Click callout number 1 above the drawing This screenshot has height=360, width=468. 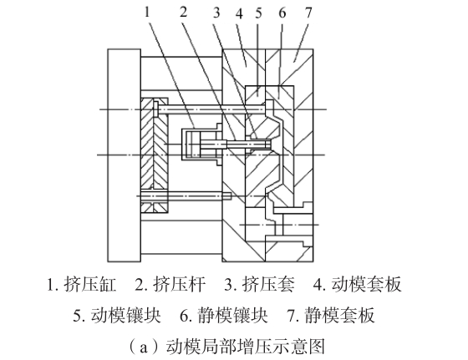[x=146, y=12]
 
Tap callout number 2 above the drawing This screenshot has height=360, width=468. [x=184, y=12]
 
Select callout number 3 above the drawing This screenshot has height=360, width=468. [x=216, y=13]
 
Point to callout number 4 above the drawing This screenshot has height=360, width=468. [x=239, y=13]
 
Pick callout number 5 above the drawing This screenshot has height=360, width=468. [x=258, y=13]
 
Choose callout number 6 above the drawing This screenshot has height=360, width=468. [x=282, y=13]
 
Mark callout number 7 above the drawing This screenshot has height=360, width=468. [x=308, y=13]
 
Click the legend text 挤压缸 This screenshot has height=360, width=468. [x=90, y=284]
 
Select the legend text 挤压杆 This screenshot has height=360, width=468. [x=179, y=284]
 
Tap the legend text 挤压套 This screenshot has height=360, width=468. [x=268, y=284]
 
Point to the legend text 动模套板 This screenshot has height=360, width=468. [x=367, y=284]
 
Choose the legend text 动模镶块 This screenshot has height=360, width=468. [x=126, y=315]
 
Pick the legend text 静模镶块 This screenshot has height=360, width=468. [x=233, y=315]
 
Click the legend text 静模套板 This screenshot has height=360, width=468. [x=339, y=315]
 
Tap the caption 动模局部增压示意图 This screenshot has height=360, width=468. [x=246, y=347]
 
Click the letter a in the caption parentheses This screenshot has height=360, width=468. [x=144, y=347]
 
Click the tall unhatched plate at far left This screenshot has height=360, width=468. [x=125, y=155]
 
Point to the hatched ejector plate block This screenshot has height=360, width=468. [x=155, y=155]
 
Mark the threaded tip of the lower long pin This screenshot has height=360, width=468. [x=227, y=196]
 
